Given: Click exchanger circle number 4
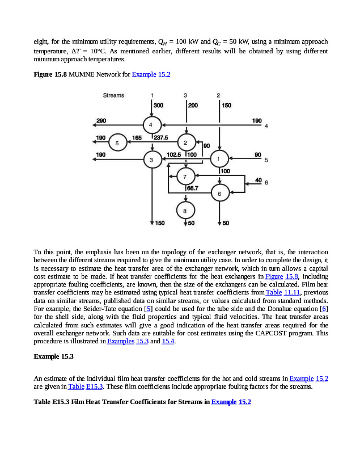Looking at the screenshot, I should click(151, 124).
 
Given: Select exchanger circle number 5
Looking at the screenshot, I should click(117, 142).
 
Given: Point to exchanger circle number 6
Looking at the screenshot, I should click(219, 194).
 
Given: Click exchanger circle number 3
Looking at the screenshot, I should click(151, 159).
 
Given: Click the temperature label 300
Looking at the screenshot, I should click(159, 106).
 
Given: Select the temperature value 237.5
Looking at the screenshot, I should click(161, 137).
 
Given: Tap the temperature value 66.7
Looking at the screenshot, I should click(193, 188).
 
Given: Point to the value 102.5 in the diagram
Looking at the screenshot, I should click(174, 154).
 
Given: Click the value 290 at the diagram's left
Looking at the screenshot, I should click(101, 120).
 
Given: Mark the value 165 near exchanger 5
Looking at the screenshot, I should click(137, 137).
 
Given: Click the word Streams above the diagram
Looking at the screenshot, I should click(113, 95).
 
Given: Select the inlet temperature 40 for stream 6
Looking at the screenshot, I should click(259, 180).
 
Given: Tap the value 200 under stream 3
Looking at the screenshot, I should click(193, 106).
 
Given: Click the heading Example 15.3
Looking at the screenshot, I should click(54, 356).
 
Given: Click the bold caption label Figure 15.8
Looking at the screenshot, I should click(50, 74).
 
